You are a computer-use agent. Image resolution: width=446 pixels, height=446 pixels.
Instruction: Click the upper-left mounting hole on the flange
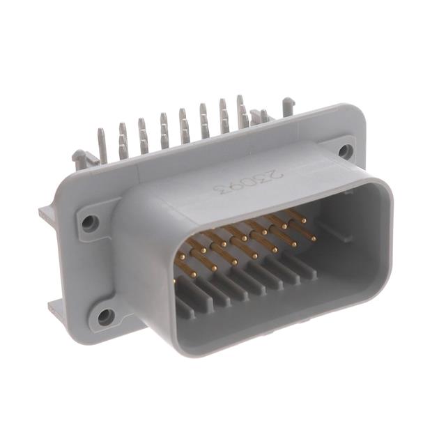tap(90, 223)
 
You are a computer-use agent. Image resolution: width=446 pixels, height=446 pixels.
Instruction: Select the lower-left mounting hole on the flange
tap(105, 316)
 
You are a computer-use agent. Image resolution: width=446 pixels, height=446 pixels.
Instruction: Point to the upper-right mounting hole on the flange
tap(345, 150)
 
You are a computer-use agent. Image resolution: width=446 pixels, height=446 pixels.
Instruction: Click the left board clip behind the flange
tap(81, 160)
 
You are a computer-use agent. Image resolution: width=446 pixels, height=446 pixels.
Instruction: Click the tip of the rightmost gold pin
tap(313, 239)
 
